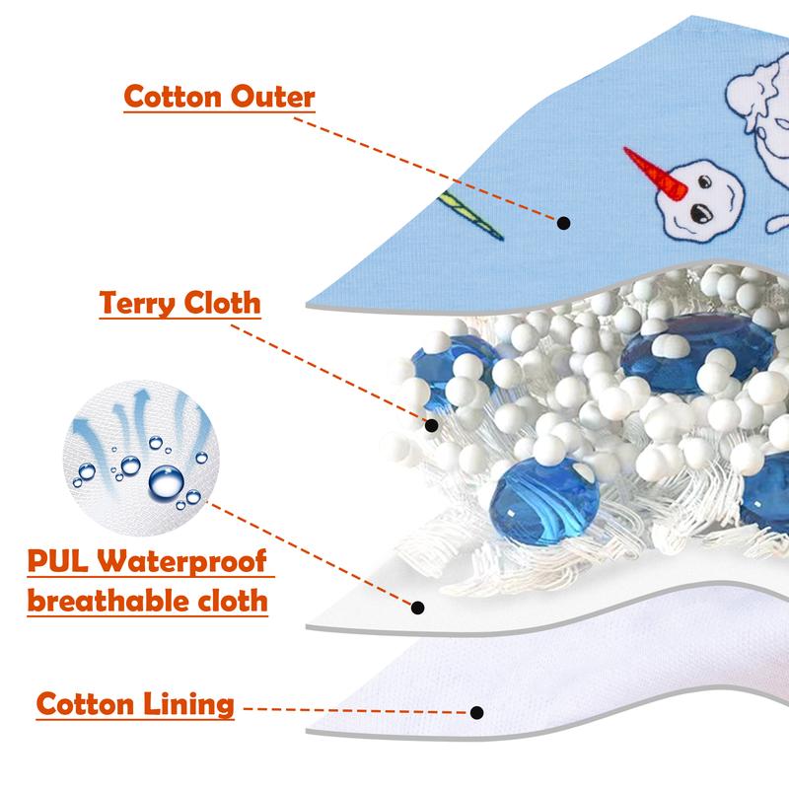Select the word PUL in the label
(58, 563)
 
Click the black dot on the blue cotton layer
(563, 223)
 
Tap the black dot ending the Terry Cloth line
(432, 425)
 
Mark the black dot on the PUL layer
(418, 608)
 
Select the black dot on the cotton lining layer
(477, 711)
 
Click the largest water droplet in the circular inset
(166, 482)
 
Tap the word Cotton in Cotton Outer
(170, 98)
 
